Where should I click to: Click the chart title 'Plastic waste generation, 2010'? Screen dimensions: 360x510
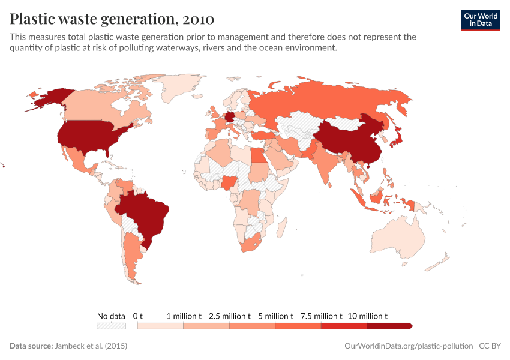[112, 19]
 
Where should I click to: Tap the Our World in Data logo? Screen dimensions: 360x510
[480, 19]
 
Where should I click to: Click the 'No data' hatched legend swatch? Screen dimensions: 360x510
[111, 326]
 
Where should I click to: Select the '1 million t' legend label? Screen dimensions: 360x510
[184, 316]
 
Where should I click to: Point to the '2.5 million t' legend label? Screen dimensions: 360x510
[229, 316]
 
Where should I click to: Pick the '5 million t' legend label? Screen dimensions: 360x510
[275, 316]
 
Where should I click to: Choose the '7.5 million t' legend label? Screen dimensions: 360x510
[321, 316]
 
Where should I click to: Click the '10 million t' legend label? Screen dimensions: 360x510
[367, 316]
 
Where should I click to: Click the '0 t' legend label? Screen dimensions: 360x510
[138, 316]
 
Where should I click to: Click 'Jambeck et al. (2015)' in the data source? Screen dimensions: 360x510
[91, 346]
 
